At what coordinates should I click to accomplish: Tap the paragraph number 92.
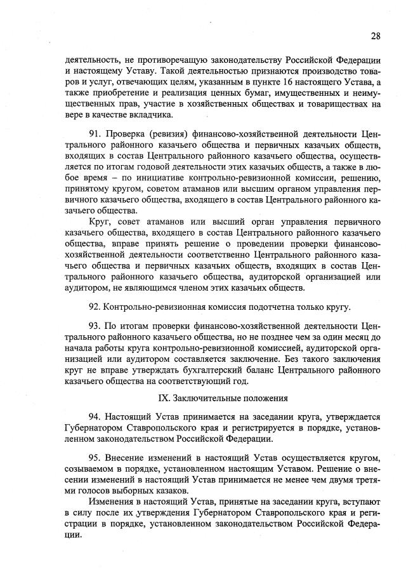pos(96,307)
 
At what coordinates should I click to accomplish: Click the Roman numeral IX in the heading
pos(163,398)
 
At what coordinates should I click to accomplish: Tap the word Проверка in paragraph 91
pos(126,135)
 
